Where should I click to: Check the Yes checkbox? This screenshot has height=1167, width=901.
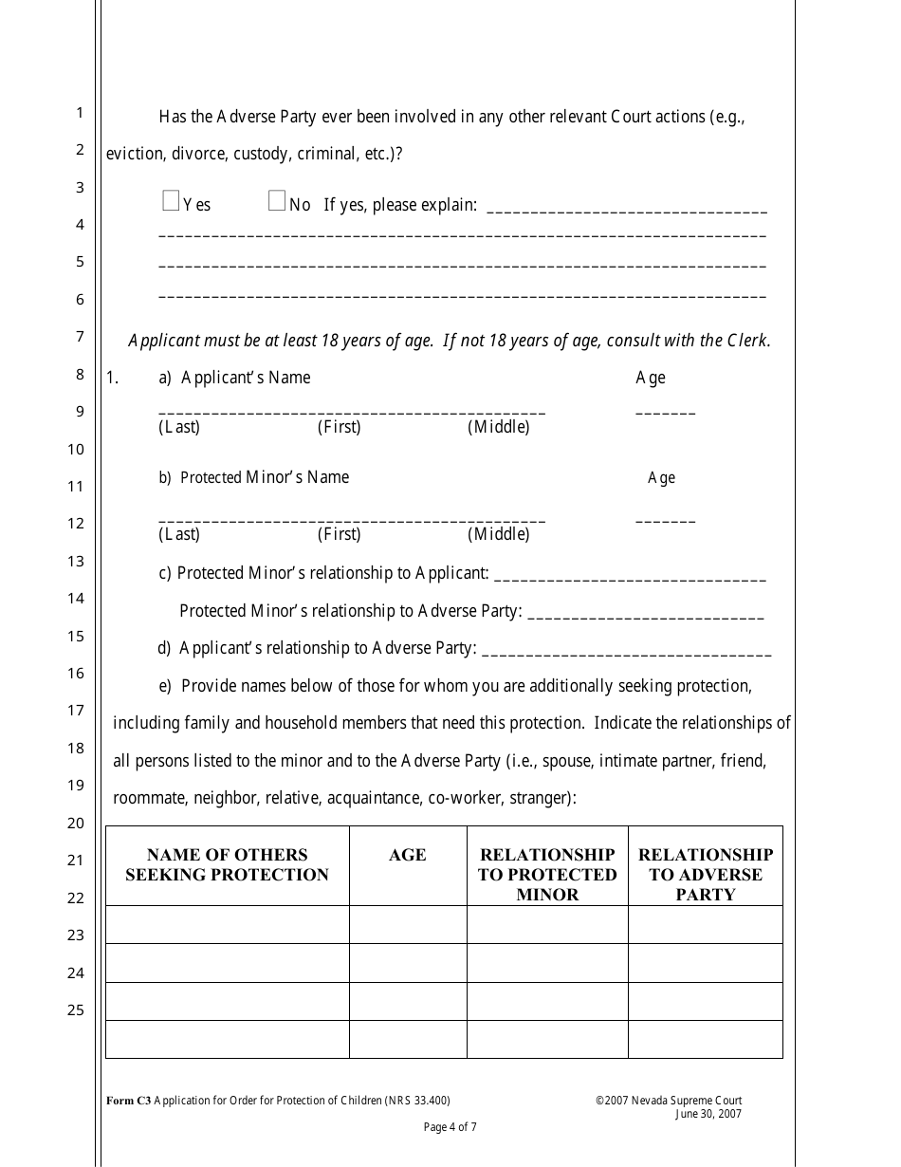[171, 200]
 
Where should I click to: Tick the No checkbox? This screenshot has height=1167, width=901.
[277, 200]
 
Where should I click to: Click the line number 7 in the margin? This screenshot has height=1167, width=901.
[80, 337]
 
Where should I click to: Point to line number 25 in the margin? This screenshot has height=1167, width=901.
[76, 1010]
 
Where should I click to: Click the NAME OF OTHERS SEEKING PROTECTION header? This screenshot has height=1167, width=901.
[227, 865]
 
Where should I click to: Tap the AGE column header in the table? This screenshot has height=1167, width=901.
[408, 856]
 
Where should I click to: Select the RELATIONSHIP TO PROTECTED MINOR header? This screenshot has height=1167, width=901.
[547, 875]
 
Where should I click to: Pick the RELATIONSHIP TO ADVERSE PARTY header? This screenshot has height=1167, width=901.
[706, 875]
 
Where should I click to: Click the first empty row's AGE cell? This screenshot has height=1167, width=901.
[408, 925]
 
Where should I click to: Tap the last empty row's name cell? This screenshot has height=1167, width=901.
[227, 1039]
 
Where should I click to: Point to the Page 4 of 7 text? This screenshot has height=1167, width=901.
[450, 1127]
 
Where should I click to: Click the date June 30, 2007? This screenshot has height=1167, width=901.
[708, 1114]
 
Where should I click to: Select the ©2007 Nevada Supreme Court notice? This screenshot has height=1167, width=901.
[669, 1101]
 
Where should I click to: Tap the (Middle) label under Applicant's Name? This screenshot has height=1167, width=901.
[499, 427]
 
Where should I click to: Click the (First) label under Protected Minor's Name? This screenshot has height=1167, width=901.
[339, 534]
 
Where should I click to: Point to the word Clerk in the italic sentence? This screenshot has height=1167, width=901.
[748, 341]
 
